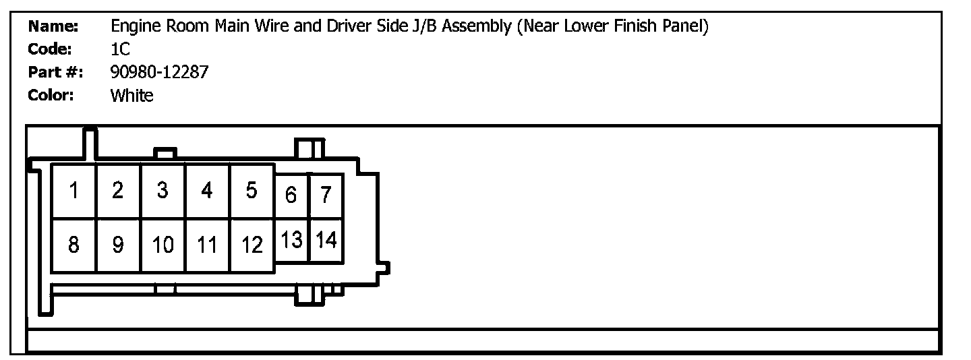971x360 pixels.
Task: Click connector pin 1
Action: click(74, 191)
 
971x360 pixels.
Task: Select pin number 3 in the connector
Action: click(163, 191)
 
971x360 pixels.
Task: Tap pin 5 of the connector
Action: click(252, 191)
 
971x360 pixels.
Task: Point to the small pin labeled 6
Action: click(291, 196)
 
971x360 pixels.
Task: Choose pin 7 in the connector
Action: click(326, 196)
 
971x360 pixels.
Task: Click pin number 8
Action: click(74, 245)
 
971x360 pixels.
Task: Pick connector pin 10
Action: click(163, 245)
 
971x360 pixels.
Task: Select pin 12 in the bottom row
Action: click(252, 245)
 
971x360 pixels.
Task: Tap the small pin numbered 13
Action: click(291, 240)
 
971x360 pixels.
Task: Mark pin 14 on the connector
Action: click(326, 240)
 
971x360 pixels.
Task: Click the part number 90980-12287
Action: click(159, 72)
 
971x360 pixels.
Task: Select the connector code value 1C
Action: click(120, 49)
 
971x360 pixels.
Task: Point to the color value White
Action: click(131, 96)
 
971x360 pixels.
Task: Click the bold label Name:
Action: click(53, 26)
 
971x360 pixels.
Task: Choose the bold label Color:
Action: click(51, 96)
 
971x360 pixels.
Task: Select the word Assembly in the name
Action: click(476, 27)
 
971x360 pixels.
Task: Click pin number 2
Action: click(118, 191)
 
